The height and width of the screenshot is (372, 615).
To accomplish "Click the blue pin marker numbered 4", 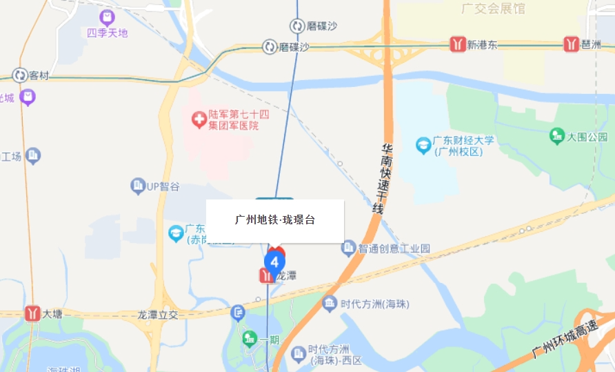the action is click(274, 263).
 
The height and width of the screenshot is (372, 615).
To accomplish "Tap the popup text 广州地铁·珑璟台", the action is click(275, 220).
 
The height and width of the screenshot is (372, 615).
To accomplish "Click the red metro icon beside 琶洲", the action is click(572, 44).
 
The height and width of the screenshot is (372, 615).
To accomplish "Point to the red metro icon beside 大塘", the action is click(32, 313).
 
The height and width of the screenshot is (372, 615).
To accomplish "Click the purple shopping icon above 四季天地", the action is click(107, 17).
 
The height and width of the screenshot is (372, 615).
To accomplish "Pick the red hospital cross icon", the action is click(199, 121).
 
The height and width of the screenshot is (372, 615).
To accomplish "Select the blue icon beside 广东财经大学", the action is click(423, 145).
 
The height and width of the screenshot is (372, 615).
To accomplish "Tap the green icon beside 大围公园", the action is click(557, 136).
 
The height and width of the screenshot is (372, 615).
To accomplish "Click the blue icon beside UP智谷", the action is click(137, 186).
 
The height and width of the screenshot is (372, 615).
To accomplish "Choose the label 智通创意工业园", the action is click(394, 248).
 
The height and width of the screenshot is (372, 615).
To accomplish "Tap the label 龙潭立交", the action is click(158, 314).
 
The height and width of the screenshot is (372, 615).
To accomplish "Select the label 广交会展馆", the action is click(493, 9).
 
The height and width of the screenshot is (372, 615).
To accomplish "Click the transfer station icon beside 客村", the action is click(20, 75).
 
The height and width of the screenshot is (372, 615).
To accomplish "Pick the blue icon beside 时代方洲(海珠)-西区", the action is click(299, 354).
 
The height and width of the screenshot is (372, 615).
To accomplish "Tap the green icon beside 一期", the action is click(250, 340).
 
